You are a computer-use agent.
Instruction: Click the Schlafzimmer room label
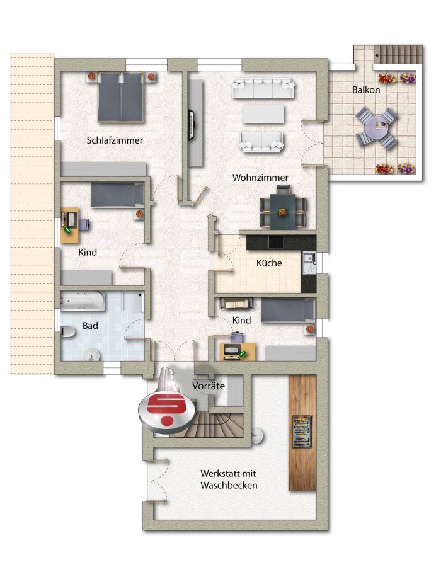pos(115,140)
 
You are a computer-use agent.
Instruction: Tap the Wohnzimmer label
pos(260,178)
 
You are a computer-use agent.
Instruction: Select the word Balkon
pos(366,89)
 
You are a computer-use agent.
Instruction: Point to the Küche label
pos(269,263)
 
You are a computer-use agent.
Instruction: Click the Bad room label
pos(90,326)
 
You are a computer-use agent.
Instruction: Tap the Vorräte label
pos(209,386)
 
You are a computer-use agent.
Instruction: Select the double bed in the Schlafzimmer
pos(121,97)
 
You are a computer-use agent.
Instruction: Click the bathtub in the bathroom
pos(83,301)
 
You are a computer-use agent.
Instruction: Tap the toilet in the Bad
pos(67,331)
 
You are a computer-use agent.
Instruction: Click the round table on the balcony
pos(376,129)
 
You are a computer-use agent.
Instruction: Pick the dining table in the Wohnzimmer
pos(283,211)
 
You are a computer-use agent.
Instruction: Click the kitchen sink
pos(309,263)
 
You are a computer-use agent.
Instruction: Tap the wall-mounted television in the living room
pos(191,125)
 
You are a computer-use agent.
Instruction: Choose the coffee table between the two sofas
pos(263,114)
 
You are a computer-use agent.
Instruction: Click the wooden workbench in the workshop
pos(302,432)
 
